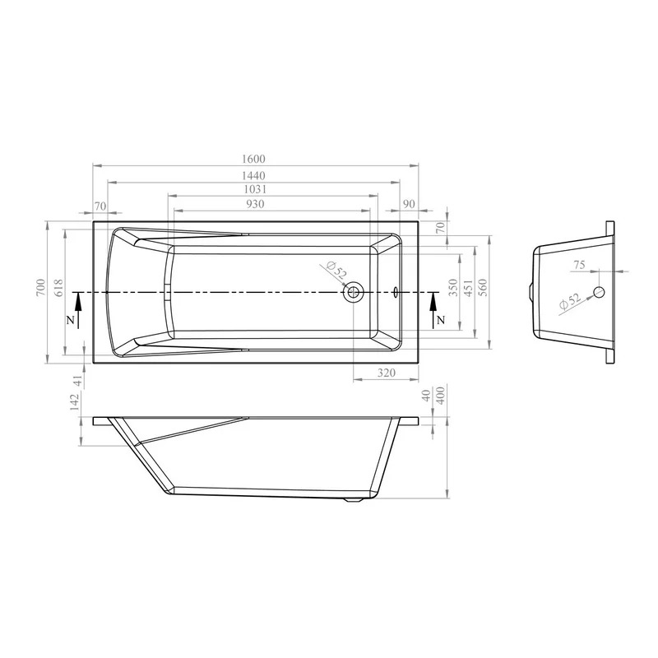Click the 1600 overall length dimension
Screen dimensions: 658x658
click(254, 159)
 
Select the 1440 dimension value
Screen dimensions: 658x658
click(254, 175)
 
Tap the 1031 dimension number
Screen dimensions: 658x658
click(255, 189)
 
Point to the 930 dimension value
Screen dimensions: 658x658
click(255, 204)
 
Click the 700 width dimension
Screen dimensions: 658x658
click(40, 287)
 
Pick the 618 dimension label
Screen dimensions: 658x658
click(58, 287)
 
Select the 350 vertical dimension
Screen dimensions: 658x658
click(453, 287)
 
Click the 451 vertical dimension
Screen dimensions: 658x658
click(469, 287)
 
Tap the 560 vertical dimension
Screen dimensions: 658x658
click(484, 287)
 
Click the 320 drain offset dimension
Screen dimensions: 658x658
click(386, 373)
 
